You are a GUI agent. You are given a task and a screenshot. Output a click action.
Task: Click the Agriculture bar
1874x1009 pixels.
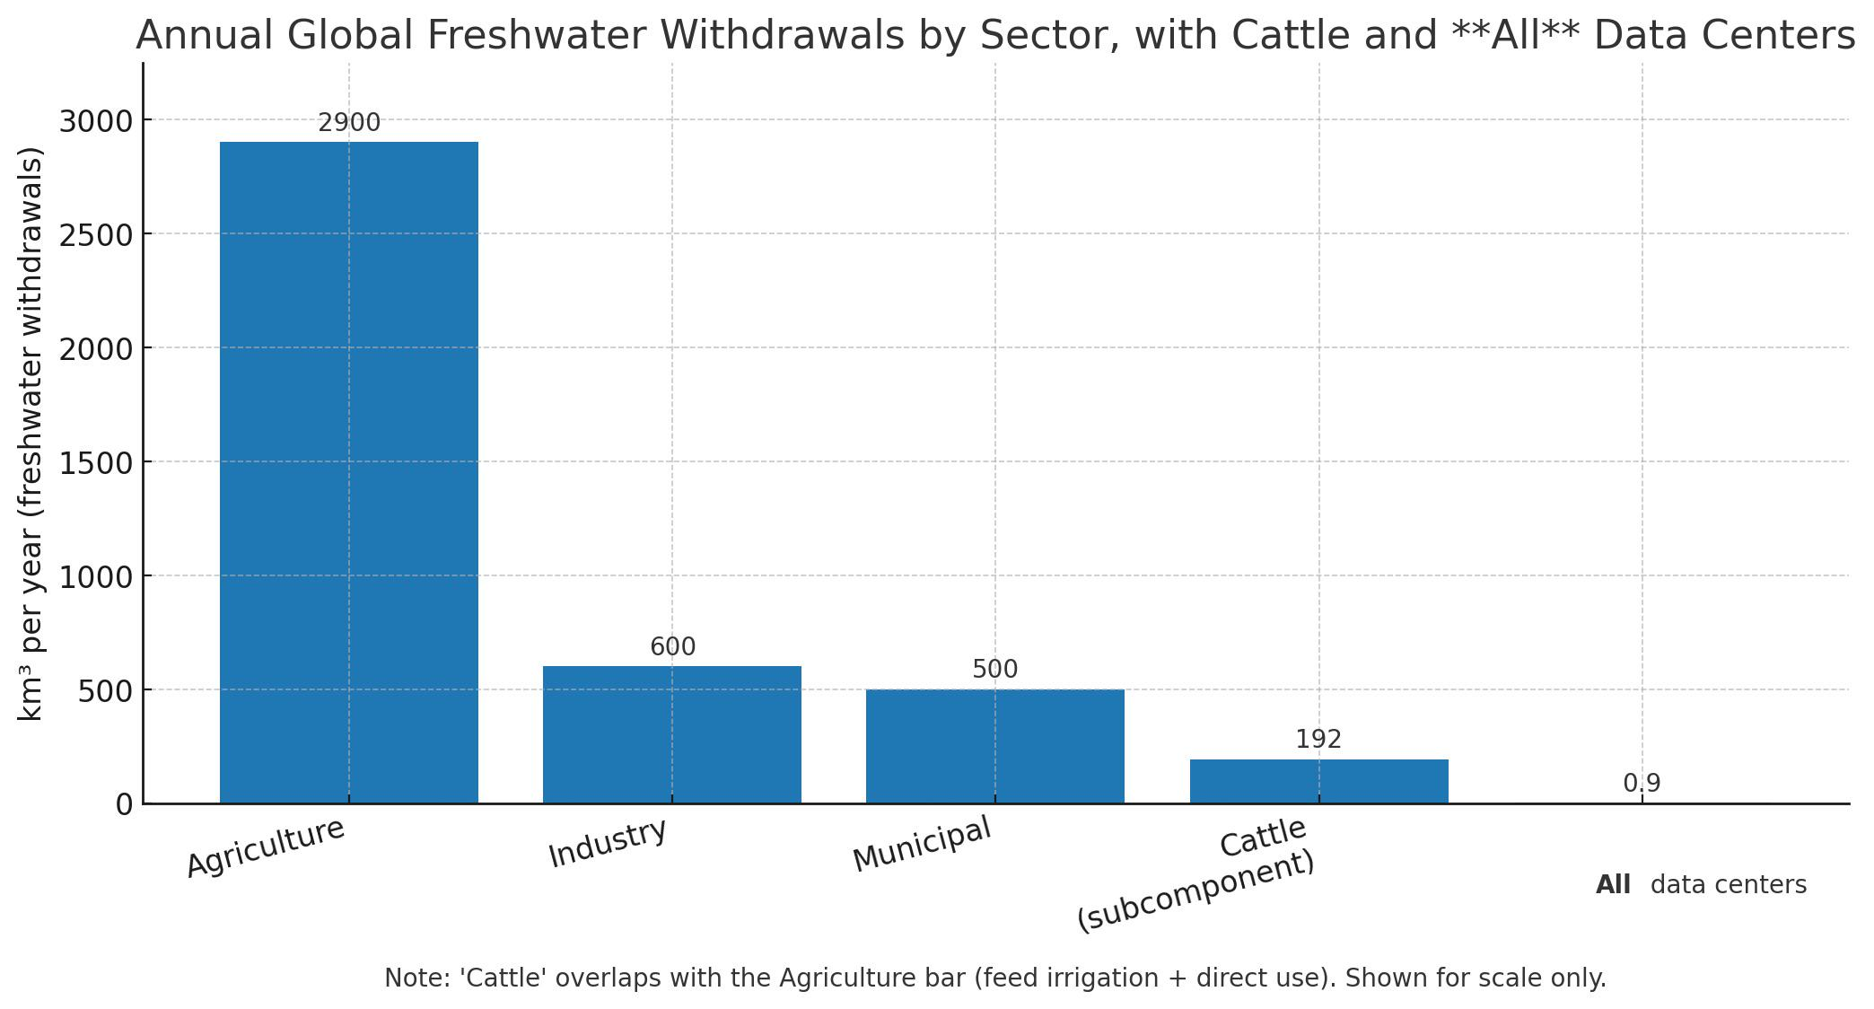point(349,472)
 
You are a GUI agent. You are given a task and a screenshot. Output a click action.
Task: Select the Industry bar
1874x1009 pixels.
point(672,734)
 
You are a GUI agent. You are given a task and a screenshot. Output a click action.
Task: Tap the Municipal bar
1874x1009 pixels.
point(994,746)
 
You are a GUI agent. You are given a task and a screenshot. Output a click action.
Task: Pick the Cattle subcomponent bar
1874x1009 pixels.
point(1318,781)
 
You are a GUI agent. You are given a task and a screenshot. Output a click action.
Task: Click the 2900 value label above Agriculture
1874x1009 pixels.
point(349,123)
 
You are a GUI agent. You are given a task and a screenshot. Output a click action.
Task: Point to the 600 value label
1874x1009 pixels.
point(672,647)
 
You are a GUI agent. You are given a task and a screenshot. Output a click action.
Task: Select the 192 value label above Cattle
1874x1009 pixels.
point(1318,740)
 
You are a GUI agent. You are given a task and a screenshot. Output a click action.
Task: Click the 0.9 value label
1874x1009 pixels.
point(1642,784)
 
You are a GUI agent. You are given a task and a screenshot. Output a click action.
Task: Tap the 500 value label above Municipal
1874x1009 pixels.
point(994,670)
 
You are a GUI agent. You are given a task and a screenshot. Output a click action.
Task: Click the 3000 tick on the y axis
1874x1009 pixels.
point(95,121)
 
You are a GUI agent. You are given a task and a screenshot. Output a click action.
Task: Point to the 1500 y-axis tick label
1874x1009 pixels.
point(95,463)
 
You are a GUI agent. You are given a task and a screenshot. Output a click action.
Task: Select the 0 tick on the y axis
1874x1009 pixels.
point(124,805)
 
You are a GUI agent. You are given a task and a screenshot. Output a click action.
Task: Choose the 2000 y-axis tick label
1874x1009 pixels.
point(95,349)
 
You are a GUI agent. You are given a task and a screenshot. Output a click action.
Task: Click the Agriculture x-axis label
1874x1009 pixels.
point(266,847)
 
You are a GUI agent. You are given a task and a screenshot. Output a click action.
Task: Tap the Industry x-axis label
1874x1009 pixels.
point(608,844)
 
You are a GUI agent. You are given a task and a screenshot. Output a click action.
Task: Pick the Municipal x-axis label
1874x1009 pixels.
point(922,844)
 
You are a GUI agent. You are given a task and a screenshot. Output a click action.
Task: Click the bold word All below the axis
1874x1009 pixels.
point(1613,885)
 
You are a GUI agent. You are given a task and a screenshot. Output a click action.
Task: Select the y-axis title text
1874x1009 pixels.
point(31,433)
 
